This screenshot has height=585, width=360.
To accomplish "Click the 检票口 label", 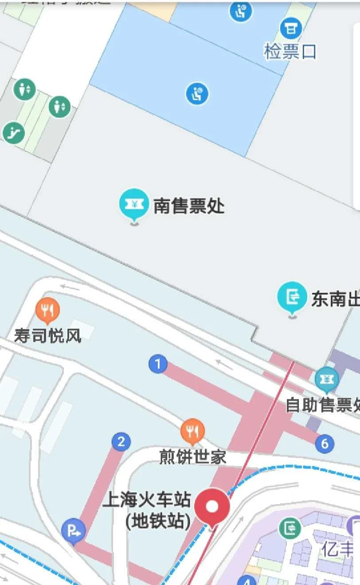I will point(290,52).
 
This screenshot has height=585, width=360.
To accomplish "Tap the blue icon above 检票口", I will point(291,29).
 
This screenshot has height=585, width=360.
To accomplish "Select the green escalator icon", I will point(13,132).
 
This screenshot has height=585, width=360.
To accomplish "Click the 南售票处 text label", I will point(189,206).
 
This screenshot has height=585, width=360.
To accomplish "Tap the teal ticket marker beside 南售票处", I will point(133,204).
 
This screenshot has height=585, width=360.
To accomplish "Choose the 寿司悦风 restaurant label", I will point(48,335).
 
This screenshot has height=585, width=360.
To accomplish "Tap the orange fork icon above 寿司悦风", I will point(47,309).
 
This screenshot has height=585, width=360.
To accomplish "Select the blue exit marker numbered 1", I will point(157,364).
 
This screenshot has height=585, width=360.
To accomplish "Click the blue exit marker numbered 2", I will point(121,442).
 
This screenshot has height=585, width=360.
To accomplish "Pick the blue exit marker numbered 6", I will point(325,443).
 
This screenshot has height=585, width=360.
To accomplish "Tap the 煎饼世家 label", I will point(193,457).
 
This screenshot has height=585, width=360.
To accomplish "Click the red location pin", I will point(212,507).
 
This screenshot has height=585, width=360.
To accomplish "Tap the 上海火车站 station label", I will point(146,500).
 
